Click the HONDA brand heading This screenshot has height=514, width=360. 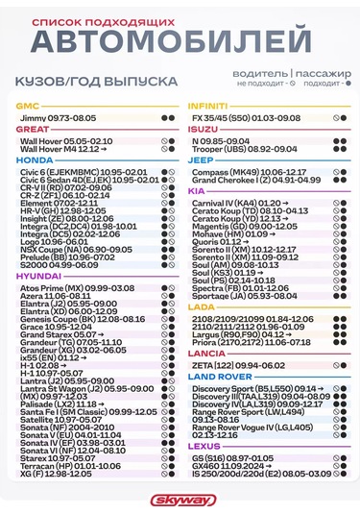coord(35,160)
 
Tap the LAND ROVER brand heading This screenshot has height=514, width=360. coord(221,376)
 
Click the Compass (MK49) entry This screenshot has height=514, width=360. coord(249,171)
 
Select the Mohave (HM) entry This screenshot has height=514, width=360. coord(229,233)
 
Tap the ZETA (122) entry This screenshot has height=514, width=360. coord(239,366)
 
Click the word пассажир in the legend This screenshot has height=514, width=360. coord(322,72)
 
